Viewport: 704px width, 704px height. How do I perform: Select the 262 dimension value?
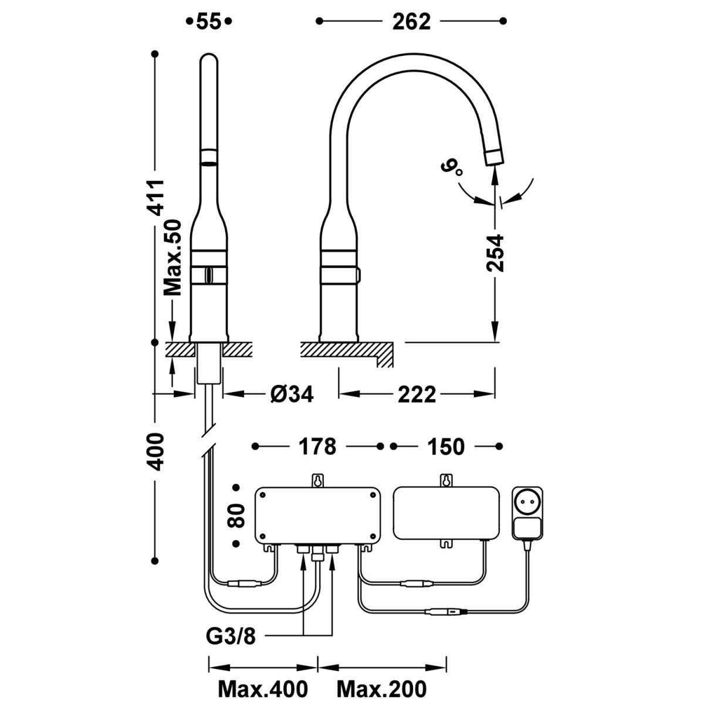click(411, 21)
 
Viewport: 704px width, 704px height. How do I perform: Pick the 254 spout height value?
click(496, 253)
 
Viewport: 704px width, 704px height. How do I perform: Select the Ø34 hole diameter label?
click(292, 394)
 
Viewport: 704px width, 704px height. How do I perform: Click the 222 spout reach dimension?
click(417, 394)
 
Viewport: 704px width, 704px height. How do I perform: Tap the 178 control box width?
click(317, 446)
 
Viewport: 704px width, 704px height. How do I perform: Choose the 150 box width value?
click(445, 446)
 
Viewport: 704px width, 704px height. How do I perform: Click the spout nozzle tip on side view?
click(493, 157)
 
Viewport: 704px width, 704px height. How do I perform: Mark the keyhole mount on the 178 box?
click(317, 480)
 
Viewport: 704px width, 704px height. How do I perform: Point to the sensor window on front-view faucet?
click(208, 274)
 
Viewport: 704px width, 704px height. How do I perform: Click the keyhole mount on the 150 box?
click(446, 480)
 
